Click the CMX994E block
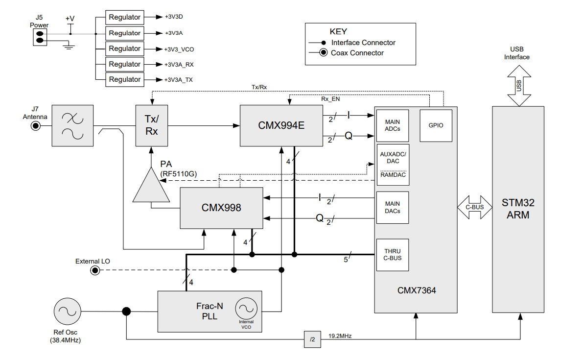(x=281, y=125)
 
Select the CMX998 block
(x=221, y=208)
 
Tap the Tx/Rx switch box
(x=152, y=125)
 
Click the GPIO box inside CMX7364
(x=436, y=125)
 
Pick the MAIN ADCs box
(x=393, y=125)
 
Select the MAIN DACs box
(x=393, y=207)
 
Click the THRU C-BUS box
(x=393, y=255)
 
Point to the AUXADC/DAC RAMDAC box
(x=393, y=165)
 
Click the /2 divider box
(x=312, y=339)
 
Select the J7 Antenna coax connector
(x=36, y=126)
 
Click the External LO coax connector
(x=94, y=270)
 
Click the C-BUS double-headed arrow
(x=474, y=207)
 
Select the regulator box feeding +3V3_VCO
(x=125, y=48)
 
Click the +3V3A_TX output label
(x=179, y=80)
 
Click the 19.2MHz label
(x=340, y=336)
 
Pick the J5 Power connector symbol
(x=39, y=37)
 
